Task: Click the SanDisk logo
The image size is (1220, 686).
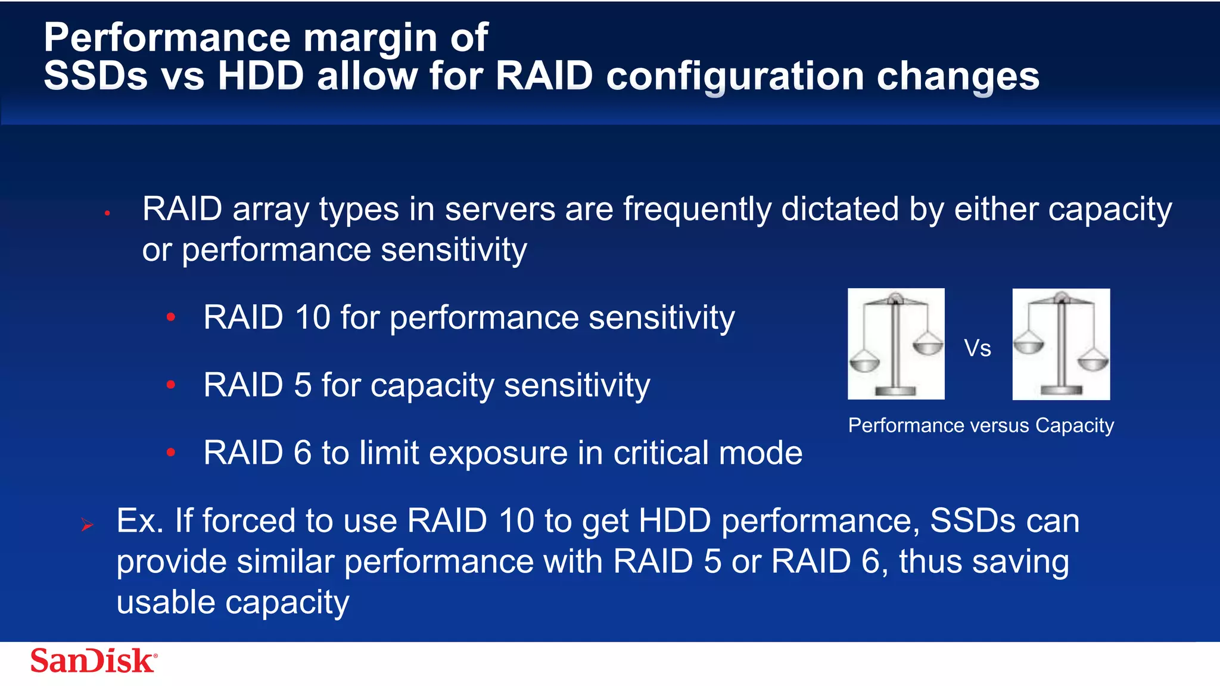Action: pos(94,660)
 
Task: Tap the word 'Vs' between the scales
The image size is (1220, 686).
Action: pos(978,348)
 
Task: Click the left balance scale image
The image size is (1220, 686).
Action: pos(896,344)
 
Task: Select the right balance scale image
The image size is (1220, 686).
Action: pos(1061,344)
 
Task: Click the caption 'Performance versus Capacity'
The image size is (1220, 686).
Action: pos(981,426)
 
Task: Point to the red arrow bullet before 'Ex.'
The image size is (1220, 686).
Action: pos(88,525)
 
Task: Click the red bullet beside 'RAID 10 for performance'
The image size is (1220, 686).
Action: pos(171,317)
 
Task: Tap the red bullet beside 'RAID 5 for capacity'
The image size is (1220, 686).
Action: pos(171,385)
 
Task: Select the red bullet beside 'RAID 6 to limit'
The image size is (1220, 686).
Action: pos(171,453)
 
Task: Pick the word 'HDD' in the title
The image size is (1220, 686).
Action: pos(261,76)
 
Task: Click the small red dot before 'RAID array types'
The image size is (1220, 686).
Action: pos(107,213)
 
